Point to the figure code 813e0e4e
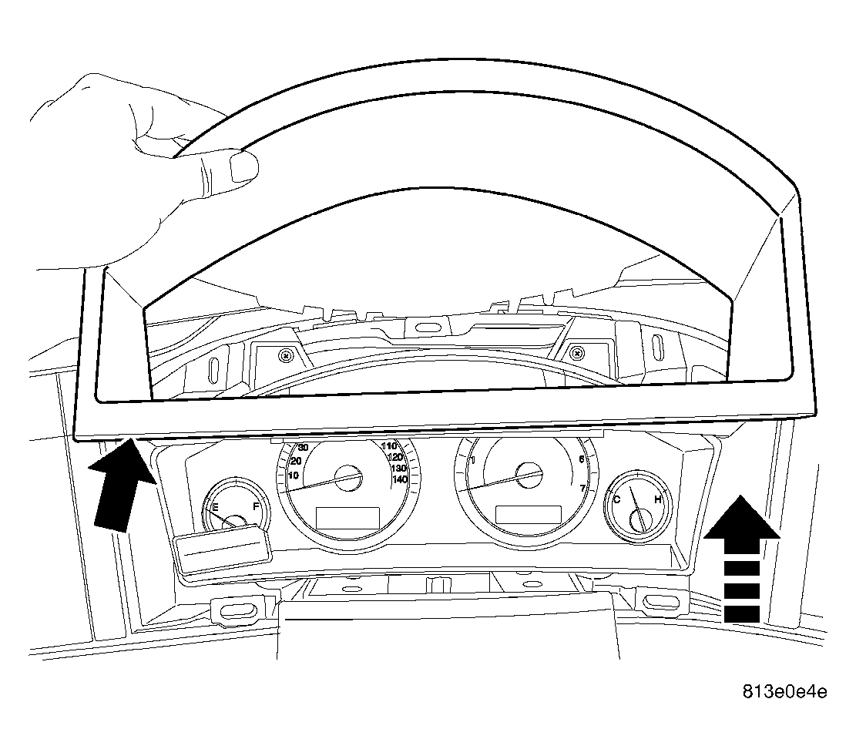pos(784,692)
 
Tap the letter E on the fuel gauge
pos(215,508)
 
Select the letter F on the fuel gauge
pos(256,506)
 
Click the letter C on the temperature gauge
pos(617,499)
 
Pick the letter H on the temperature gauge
pos(658,499)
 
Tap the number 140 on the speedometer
pos(400,479)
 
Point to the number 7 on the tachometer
pos(582,488)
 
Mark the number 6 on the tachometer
pos(582,459)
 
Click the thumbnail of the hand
pos(243,166)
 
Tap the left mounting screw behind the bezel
pos(286,356)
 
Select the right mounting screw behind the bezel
pos(577,353)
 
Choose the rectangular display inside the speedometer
pos(347,517)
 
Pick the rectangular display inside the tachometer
pos(528,516)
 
